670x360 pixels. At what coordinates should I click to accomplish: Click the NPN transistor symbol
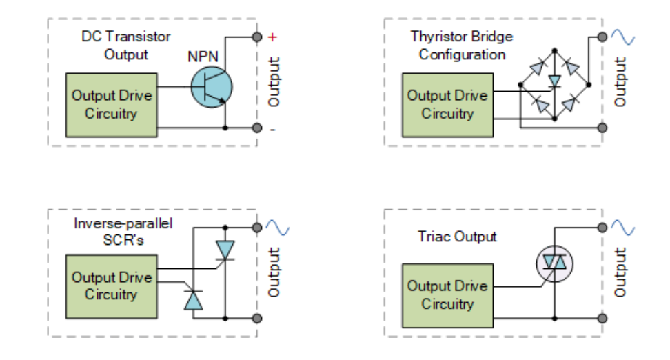(212, 87)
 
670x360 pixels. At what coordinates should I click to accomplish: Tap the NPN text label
(203, 57)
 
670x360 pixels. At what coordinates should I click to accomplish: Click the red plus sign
(272, 37)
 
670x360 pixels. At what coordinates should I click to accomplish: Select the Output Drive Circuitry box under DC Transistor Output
(112, 106)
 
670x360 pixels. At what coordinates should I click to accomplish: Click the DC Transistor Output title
(126, 46)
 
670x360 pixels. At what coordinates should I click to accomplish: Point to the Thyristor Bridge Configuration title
(462, 46)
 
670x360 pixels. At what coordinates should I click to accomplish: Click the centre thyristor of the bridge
(555, 81)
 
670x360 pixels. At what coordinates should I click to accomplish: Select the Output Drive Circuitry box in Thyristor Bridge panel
(448, 106)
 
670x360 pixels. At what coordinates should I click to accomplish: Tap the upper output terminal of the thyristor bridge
(602, 37)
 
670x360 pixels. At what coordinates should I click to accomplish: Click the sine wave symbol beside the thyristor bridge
(622, 37)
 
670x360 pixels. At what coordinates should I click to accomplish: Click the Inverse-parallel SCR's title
(123, 231)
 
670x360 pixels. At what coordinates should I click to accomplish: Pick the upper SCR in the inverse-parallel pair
(225, 250)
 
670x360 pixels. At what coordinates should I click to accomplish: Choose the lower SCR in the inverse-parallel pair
(193, 300)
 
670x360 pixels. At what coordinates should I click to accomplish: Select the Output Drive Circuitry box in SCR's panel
(112, 287)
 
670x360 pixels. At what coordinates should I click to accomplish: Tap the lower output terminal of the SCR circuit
(257, 318)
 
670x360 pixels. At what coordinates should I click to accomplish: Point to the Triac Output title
(457, 237)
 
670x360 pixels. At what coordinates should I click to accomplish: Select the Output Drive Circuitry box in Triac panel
(448, 295)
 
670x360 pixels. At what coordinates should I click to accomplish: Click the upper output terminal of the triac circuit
(602, 228)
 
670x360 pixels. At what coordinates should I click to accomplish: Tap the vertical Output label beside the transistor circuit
(274, 81)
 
